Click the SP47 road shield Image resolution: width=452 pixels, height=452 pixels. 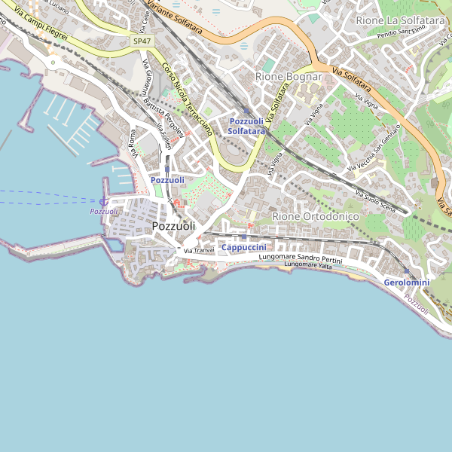141,40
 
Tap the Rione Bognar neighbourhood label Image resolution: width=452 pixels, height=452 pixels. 289,77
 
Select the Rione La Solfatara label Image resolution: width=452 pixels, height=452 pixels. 400,20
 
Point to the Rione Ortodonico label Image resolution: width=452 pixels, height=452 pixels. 315,216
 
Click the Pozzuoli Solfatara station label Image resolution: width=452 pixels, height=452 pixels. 246,126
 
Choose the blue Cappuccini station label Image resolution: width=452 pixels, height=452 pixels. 243,248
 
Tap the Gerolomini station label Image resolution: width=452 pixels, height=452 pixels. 406,282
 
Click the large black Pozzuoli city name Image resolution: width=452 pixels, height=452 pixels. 173,226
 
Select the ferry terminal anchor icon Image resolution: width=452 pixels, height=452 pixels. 103,201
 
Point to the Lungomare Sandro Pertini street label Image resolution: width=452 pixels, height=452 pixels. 301,258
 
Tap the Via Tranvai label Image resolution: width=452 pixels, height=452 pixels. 200,250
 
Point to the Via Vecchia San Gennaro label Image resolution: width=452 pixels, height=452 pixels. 374,145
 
